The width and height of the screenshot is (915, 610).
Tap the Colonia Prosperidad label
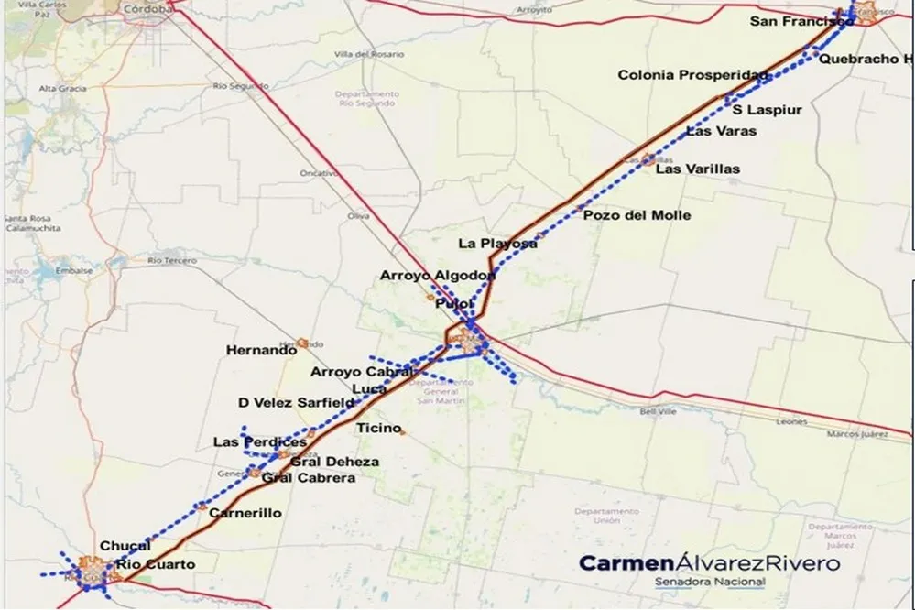point(692,75)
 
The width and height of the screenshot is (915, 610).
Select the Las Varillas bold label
point(698,169)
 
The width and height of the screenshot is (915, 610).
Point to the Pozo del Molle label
point(637,215)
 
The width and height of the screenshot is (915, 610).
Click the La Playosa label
point(497,244)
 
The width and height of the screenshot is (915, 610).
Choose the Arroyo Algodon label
point(438,275)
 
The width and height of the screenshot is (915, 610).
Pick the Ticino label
point(378,428)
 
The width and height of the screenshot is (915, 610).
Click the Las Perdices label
point(259,442)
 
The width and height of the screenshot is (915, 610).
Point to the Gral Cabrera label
point(308,478)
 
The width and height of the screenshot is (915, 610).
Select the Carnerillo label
point(245,513)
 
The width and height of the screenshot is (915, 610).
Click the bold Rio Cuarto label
point(155,564)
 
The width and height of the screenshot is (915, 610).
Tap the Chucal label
point(125,547)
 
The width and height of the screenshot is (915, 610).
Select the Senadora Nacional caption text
point(709,583)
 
